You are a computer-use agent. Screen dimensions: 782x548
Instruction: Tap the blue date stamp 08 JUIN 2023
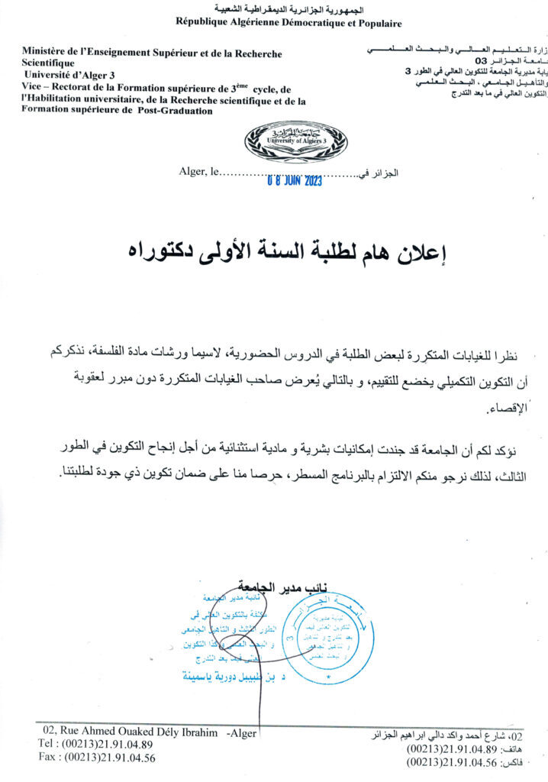[295, 181]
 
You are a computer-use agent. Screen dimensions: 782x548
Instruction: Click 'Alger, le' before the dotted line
[197, 173]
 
